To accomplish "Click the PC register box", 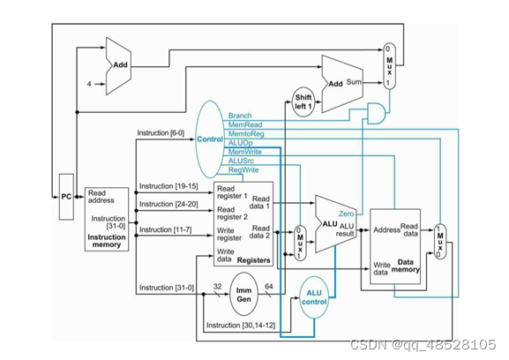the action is pyautogui.click(x=66, y=197).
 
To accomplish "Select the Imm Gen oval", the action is pyautogui.click(x=244, y=295).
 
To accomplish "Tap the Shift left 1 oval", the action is pyautogui.click(x=303, y=102).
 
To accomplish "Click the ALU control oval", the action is pyautogui.click(x=314, y=297).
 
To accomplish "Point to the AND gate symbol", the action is pyautogui.click(x=376, y=114).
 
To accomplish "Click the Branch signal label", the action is pyautogui.click(x=240, y=116).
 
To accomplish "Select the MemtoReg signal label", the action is pyautogui.click(x=246, y=134).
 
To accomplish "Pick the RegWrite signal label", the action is pyautogui.click(x=243, y=169).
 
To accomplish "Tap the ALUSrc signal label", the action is pyautogui.click(x=241, y=161).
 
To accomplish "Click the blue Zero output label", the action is pyautogui.click(x=346, y=214).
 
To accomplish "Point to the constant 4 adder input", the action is pyautogui.click(x=89, y=84).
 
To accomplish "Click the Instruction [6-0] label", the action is pyautogui.click(x=161, y=132).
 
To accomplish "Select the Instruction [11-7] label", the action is pyautogui.click(x=165, y=229).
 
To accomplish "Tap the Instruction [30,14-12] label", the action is pyautogui.click(x=241, y=325).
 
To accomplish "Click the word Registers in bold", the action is pyautogui.click(x=253, y=260).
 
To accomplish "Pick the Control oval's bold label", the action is pyautogui.click(x=210, y=139).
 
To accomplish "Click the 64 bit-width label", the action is pyautogui.click(x=269, y=287).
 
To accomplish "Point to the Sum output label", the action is pyautogui.click(x=354, y=82).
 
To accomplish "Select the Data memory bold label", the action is pyautogui.click(x=406, y=266).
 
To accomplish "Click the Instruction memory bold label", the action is pyautogui.click(x=107, y=241).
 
